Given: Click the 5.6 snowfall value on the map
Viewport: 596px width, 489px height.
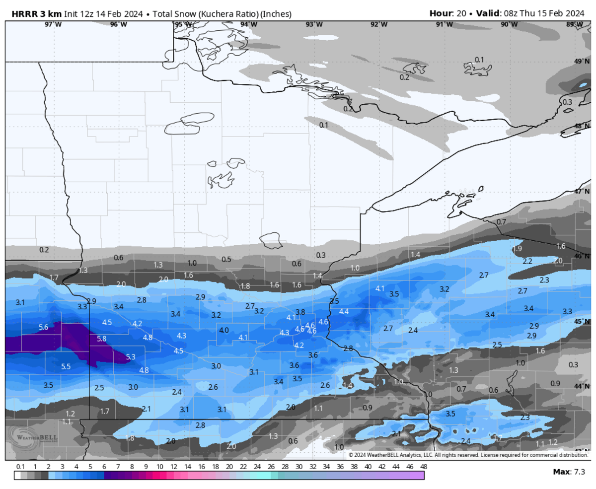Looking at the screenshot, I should click(x=43, y=327).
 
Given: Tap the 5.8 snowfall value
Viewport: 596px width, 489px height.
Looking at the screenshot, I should click(x=101, y=339).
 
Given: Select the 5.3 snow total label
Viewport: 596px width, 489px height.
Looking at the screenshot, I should click(x=131, y=356).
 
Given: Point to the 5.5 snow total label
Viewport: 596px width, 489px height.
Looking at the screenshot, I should click(x=66, y=366).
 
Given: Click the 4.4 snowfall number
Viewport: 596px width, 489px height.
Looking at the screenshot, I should click(x=344, y=311).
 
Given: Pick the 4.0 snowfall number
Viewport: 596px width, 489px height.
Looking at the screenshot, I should click(x=224, y=330).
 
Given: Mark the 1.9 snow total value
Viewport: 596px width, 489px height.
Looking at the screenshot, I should click(x=517, y=248).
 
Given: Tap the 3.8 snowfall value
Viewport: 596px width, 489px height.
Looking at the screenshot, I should click(x=300, y=312).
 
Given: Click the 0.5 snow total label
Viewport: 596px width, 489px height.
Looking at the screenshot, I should click(x=226, y=259).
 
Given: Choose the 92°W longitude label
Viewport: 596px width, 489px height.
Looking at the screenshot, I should click(x=379, y=24).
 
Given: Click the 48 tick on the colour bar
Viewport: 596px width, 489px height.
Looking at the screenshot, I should click(x=423, y=467).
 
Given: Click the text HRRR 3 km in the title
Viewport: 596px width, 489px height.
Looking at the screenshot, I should click(x=33, y=13).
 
